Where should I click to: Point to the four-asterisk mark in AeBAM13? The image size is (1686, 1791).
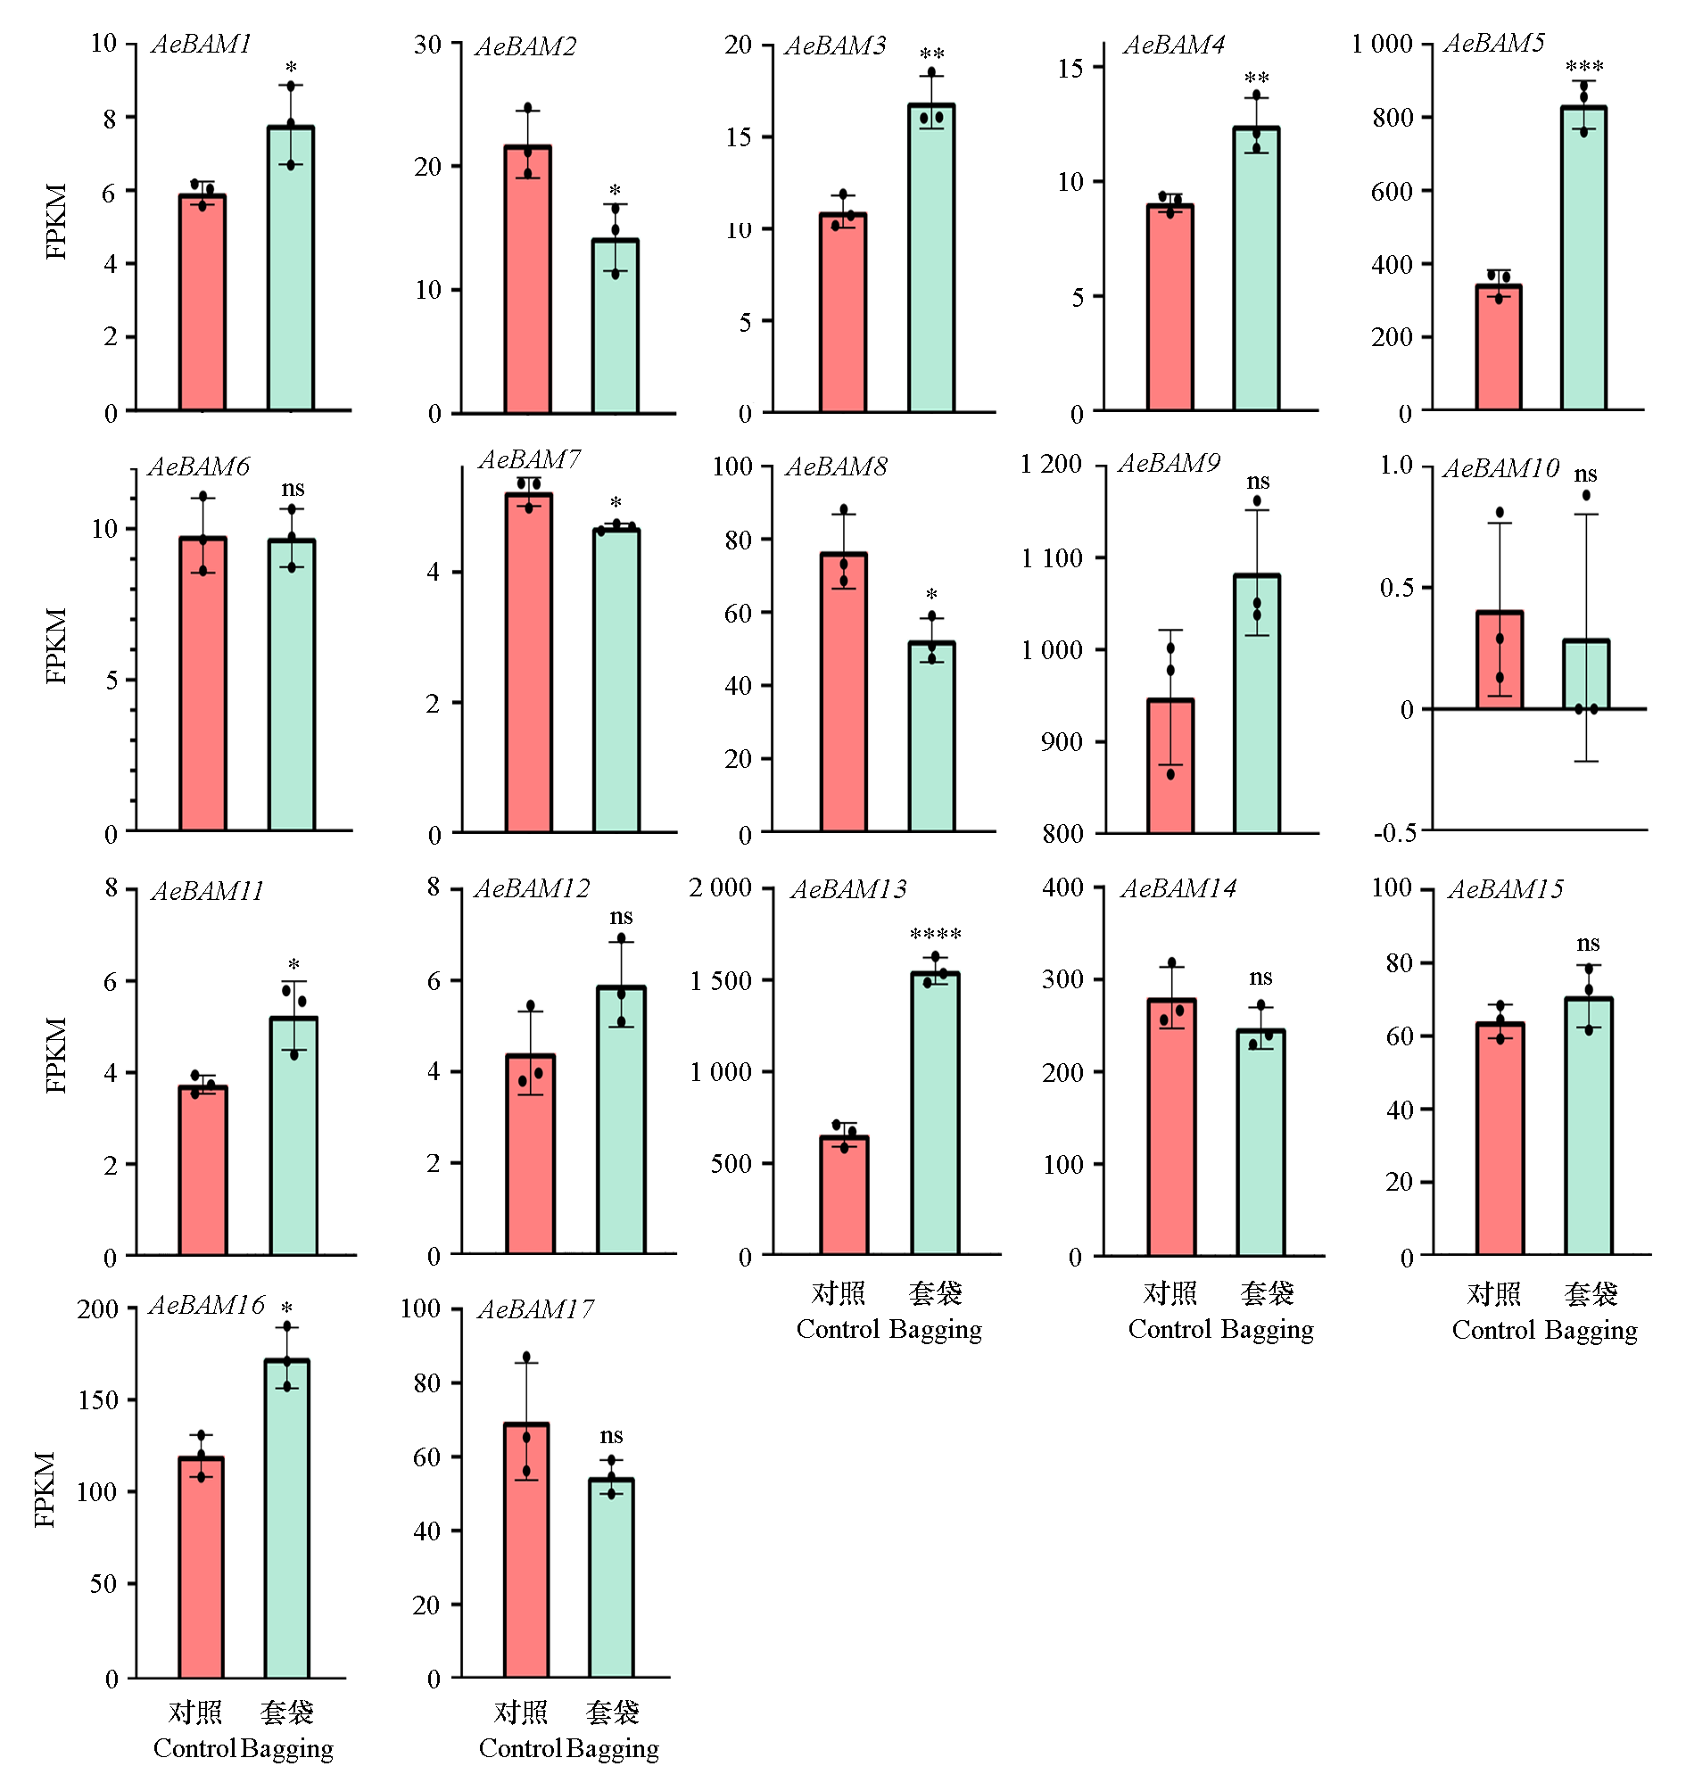(936, 934)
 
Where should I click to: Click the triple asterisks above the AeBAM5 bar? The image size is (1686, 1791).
(1584, 67)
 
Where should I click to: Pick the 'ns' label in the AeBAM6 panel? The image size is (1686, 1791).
(293, 488)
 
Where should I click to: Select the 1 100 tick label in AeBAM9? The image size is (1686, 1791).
(1051, 558)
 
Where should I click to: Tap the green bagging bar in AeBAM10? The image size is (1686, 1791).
(1586, 675)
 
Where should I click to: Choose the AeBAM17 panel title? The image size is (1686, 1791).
(536, 1309)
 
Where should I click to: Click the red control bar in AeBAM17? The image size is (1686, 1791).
(526, 1549)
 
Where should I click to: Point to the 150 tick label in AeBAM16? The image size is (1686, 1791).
(97, 1400)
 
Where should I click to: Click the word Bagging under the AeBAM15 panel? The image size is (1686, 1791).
(1591, 1331)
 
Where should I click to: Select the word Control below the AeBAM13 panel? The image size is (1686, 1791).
(838, 1330)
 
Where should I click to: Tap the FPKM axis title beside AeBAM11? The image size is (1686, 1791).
(56, 1055)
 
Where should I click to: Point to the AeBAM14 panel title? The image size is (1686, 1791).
(1178, 889)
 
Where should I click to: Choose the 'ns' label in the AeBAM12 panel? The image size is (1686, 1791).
(621, 917)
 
